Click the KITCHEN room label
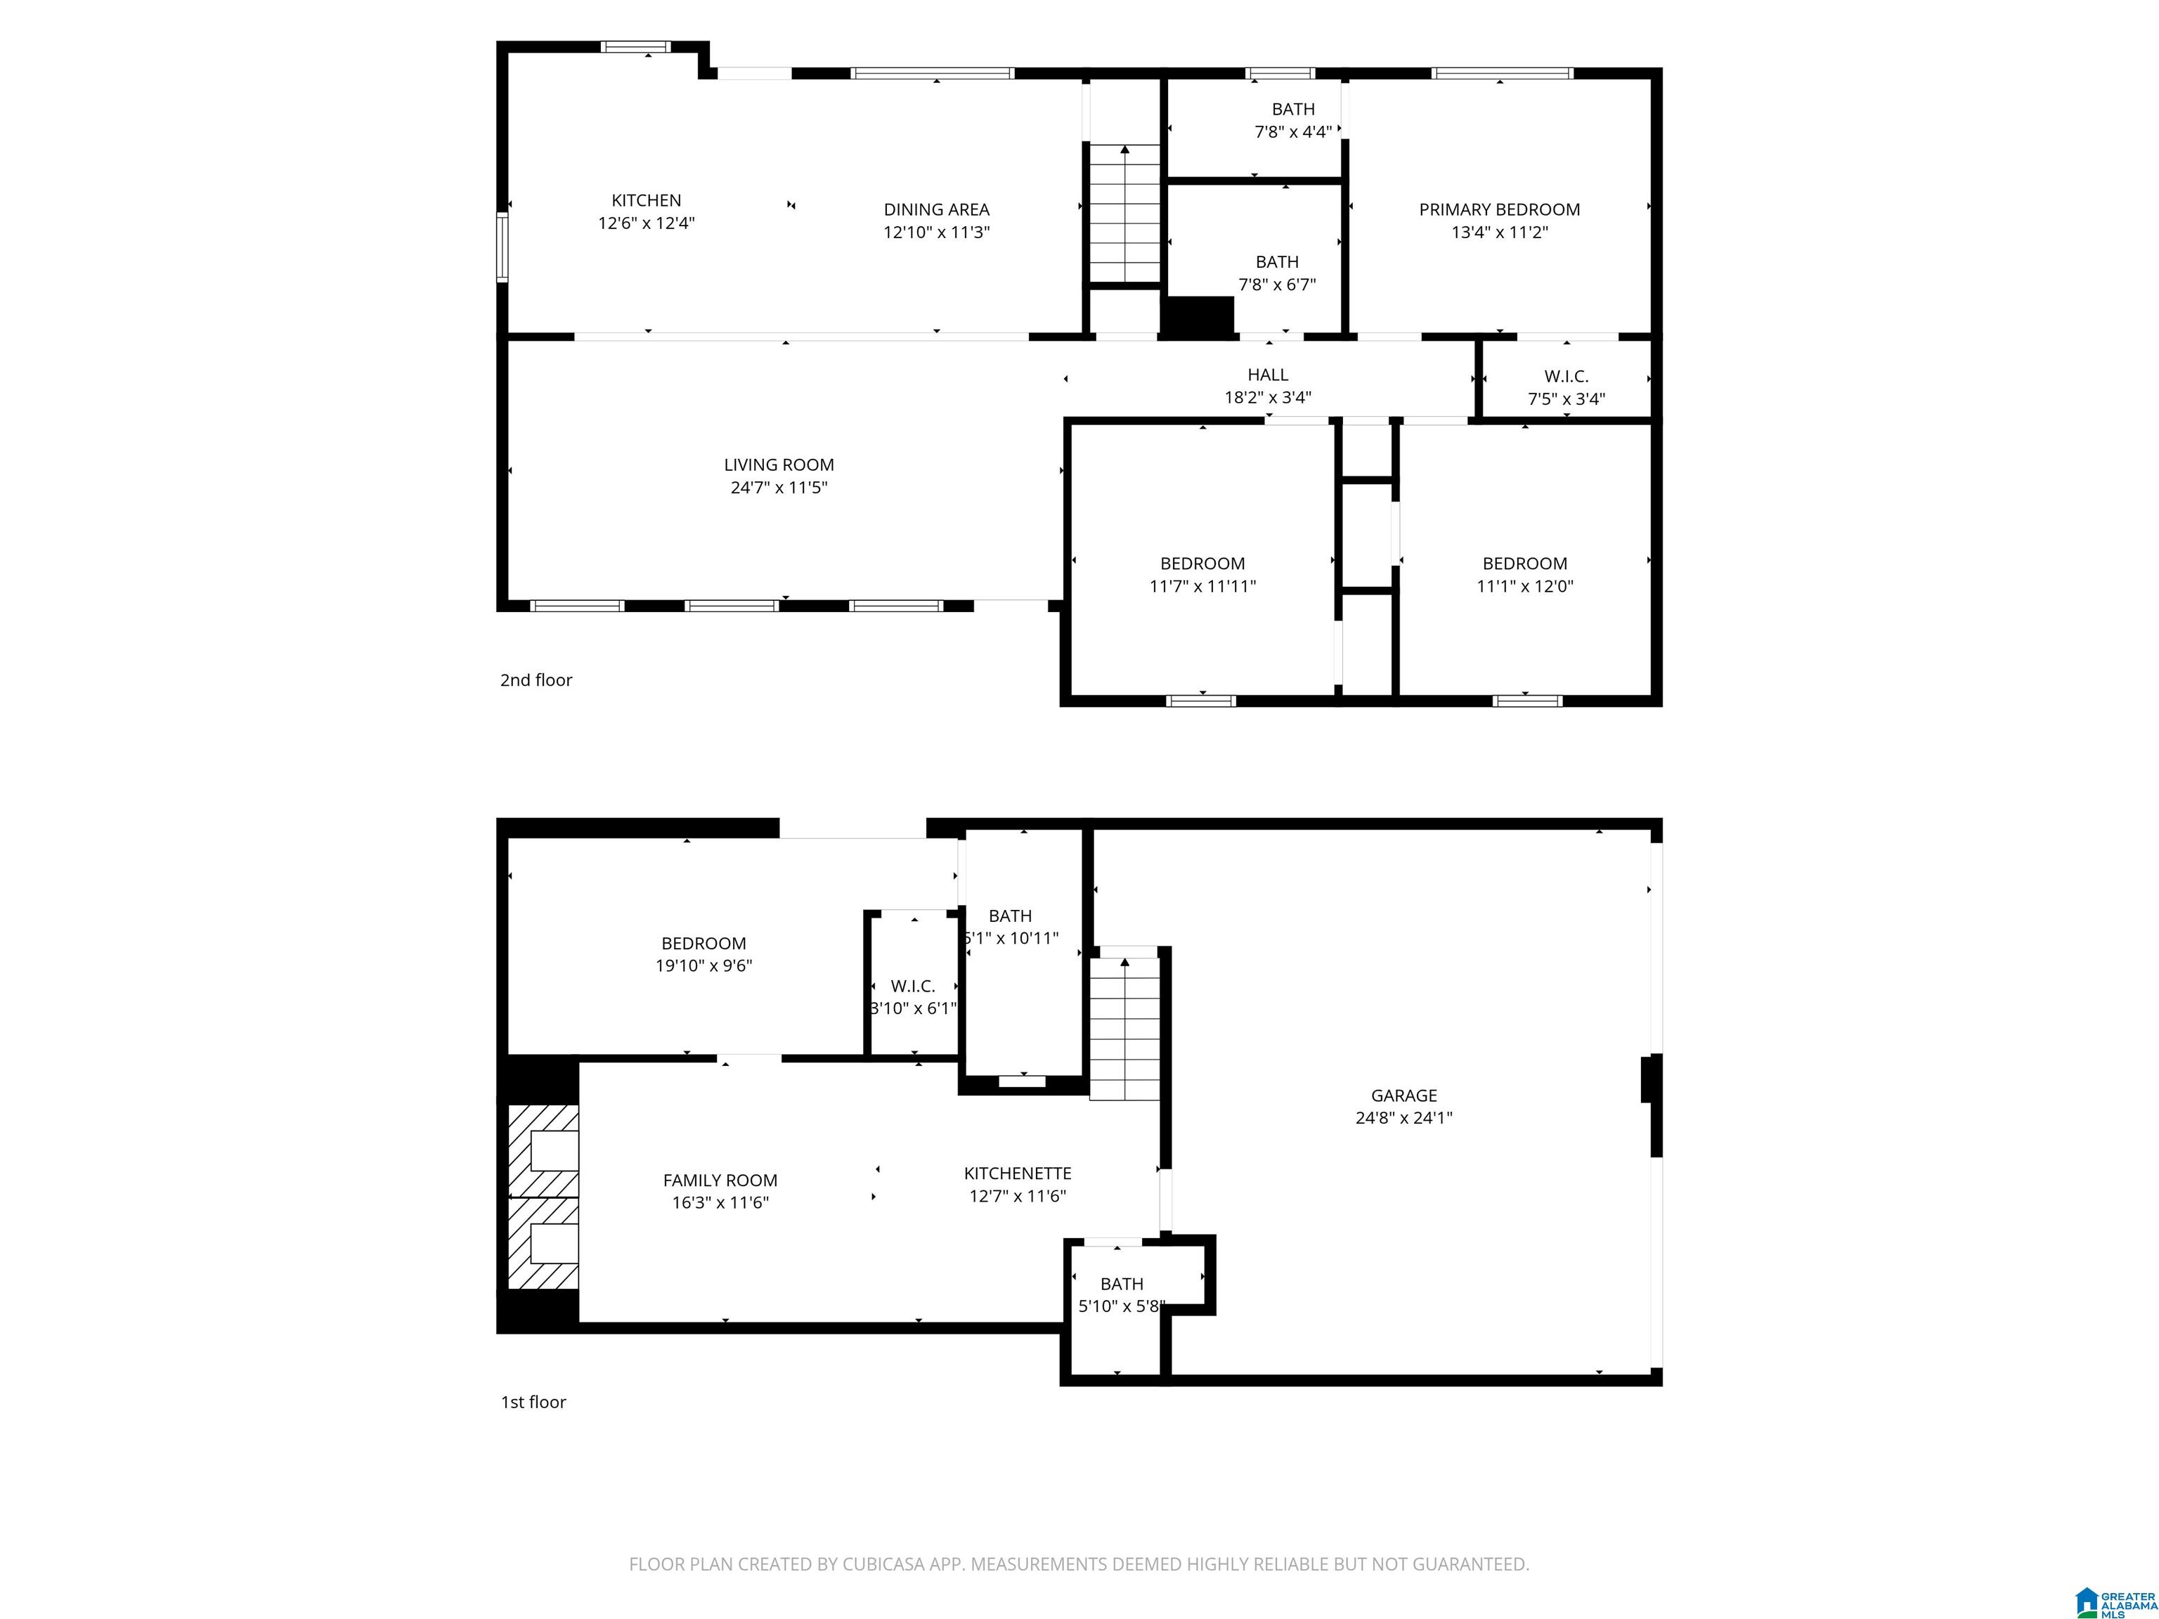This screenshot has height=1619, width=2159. [x=645, y=200]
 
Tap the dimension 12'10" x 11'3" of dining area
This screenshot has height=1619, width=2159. [x=936, y=233]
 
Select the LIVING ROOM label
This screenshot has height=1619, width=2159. [x=778, y=465]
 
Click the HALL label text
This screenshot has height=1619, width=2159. [x=1267, y=375]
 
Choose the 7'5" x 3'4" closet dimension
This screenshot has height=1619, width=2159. [x=1566, y=398]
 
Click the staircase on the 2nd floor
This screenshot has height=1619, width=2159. [x=1124, y=215]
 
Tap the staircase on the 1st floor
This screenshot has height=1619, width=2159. [x=1124, y=1029]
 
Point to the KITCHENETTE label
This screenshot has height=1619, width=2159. [x=1017, y=1173]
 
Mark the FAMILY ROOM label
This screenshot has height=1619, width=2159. [x=720, y=1180]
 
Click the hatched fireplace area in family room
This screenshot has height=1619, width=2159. [x=543, y=1197]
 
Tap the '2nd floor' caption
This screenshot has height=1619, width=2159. [x=536, y=680]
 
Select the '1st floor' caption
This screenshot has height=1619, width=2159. [x=533, y=1403]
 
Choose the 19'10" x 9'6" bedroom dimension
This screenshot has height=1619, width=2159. [x=703, y=966]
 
